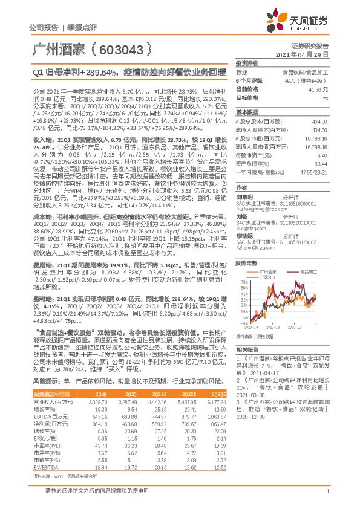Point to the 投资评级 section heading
247,63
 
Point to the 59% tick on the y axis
242,282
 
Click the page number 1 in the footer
327,498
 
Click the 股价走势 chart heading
247,264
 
